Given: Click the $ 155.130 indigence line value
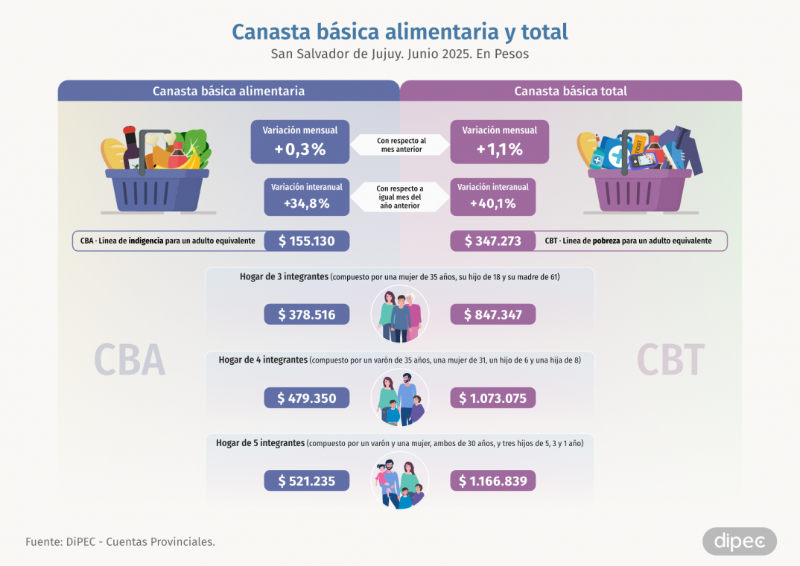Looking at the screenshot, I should pyautogui.click(x=306, y=241).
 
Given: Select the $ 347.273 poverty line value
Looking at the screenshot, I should pyautogui.click(x=492, y=241).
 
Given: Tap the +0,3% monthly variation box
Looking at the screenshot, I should pyautogui.click(x=299, y=141).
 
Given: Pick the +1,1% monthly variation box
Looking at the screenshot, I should pyautogui.click(x=499, y=141).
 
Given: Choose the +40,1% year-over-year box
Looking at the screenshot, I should pyautogui.click(x=492, y=196).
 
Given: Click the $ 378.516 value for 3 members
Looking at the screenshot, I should pyautogui.click(x=306, y=314).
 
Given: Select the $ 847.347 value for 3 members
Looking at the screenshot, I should pyautogui.click(x=492, y=314).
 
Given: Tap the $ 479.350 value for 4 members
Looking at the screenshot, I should pyautogui.click(x=306, y=398).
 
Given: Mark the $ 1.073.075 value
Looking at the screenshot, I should pyautogui.click(x=492, y=398).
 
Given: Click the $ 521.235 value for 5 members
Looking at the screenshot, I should pyautogui.click(x=306, y=481).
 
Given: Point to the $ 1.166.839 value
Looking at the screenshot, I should pyautogui.click(x=492, y=481).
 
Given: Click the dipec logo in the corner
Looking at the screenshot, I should pyautogui.click(x=739, y=541).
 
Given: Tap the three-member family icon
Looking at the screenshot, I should pyautogui.click(x=400, y=314).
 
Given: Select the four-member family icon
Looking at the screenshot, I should pyautogui.click(x=400, y=398).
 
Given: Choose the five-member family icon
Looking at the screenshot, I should pyautogui.click(x=400, y=481).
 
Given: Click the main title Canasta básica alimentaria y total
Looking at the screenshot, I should pyautogui.click(x=400, y=32).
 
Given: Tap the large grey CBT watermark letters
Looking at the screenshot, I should pyautogui.click(x=670, y=360).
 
